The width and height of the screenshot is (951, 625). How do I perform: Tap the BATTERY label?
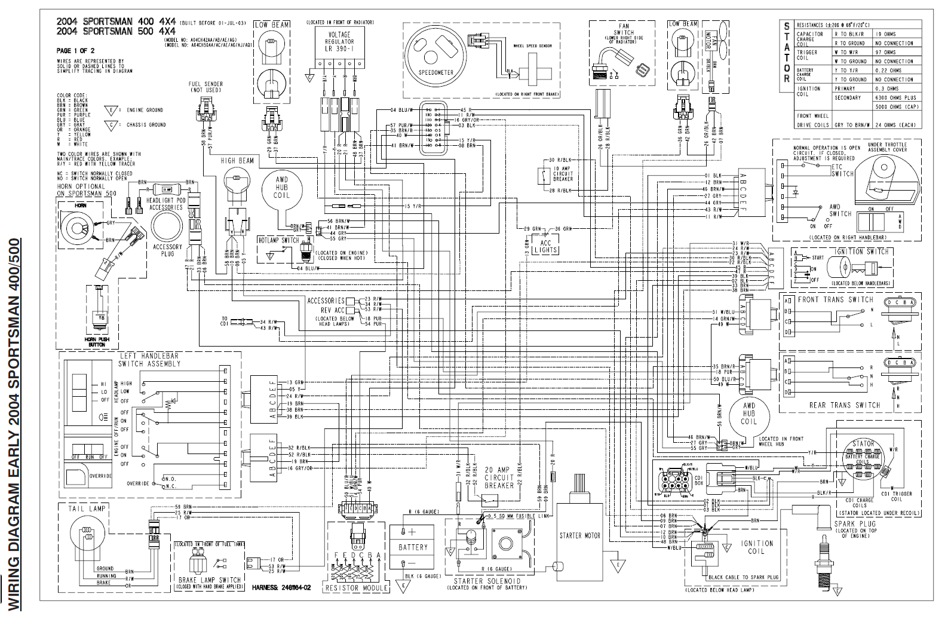pos(413,547)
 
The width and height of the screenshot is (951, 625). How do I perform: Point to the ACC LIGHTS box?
pos(545,246)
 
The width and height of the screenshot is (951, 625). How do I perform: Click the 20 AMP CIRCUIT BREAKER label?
pos(499,477)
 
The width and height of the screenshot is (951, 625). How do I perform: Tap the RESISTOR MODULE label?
pos(357,588)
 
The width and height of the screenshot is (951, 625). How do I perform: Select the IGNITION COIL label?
pos(756,547)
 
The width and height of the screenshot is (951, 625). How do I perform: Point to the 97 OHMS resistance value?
pos(886,52)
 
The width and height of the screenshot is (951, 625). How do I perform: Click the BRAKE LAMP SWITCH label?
pos(209,580)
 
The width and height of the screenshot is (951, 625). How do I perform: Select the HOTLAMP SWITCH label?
pos(278,240)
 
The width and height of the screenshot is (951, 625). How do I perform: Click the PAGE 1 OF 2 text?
pos(75,51)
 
